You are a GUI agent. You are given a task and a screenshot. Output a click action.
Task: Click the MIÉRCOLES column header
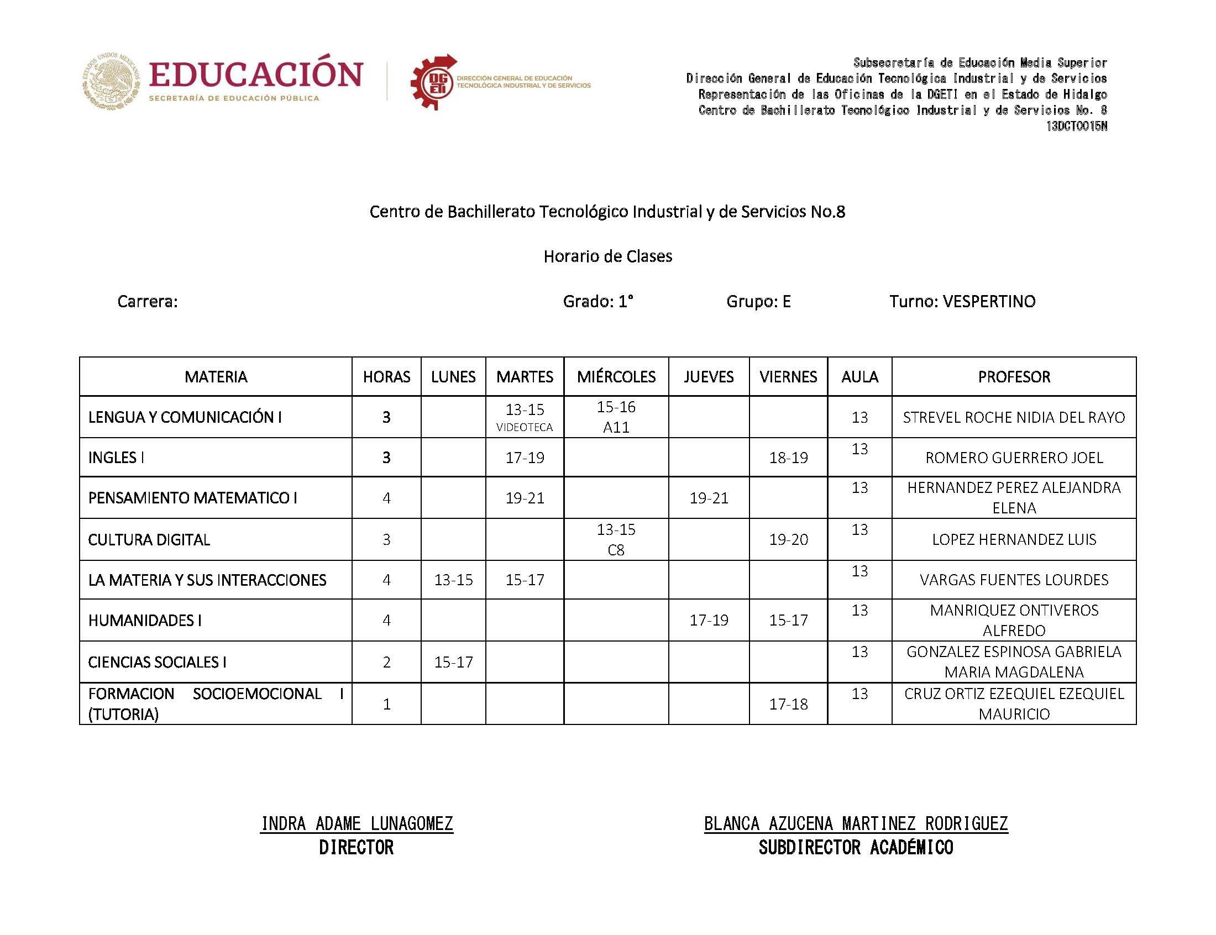click(x=616, y=377)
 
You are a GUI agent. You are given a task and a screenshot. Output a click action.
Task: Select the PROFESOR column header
click(x=1014, y=377)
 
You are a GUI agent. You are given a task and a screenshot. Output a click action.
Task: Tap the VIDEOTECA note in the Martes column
click(x=524, y=427)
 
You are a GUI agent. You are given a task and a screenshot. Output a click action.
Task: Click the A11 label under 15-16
click(x=616, y=427)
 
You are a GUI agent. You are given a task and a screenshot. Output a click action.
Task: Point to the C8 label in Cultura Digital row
click(x=616, y=550)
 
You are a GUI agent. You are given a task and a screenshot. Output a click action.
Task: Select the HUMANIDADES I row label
click(x=145, y=620)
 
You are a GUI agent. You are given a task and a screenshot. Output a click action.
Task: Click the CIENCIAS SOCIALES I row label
click(x=157, y=661)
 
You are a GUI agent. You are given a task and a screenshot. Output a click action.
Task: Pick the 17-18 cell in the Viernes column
click(x=788, y=704)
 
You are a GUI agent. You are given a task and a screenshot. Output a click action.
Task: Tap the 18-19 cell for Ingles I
click(x=788, y=458)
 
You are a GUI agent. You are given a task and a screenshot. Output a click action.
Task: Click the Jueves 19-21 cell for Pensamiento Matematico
click(x=709, y=498)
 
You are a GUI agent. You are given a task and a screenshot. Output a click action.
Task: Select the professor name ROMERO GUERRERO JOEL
click(x=1014, y=458)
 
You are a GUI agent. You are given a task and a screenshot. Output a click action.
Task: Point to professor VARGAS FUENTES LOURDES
click(x=1014, y=580)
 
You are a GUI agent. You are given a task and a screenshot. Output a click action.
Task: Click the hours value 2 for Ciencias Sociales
click(x=386, y=661)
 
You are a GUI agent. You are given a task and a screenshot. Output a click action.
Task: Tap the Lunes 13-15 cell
click(x=453, y=580)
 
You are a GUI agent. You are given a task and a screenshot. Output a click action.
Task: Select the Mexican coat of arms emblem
click(x=111, y=81)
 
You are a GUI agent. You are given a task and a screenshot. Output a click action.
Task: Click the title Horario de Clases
click(x=607, y=256)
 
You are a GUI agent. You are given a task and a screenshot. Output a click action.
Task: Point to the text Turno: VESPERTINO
click(x=962, y=301)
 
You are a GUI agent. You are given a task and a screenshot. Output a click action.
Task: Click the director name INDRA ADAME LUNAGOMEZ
click(x=357, y=823)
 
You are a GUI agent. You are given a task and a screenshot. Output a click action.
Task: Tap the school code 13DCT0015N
click(x=1076, y=127)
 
